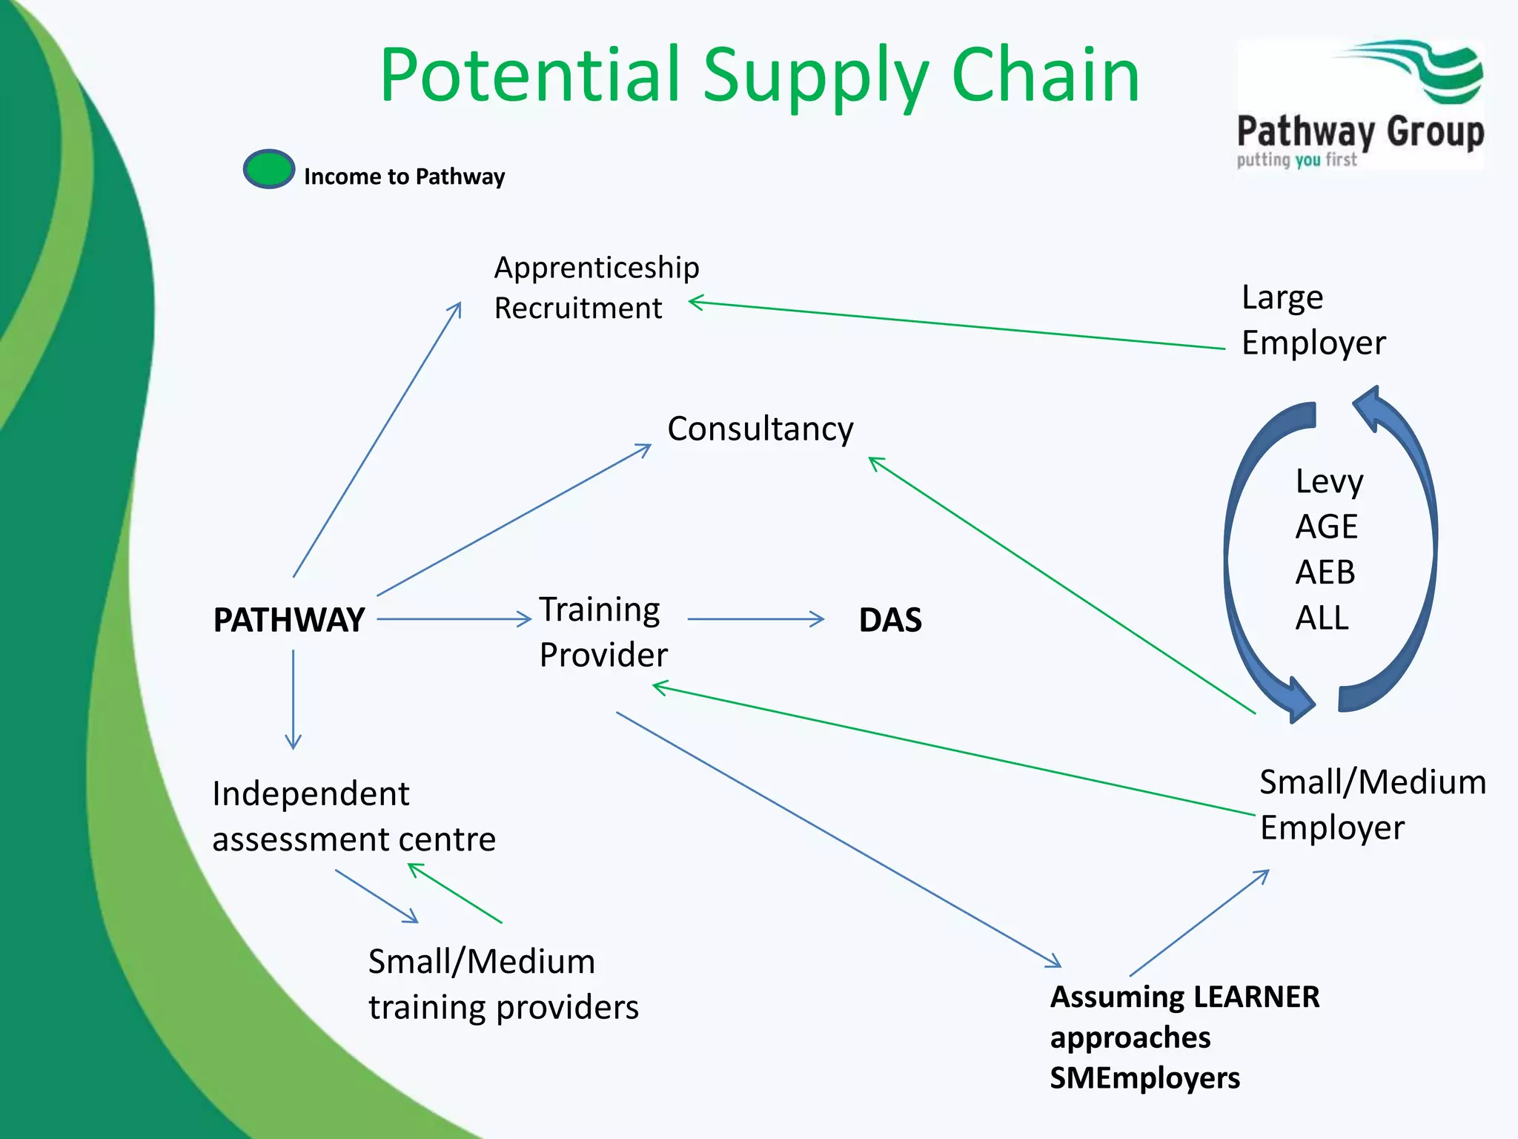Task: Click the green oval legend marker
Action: [x=268, y=169]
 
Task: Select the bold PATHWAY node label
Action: [x=288, y=620]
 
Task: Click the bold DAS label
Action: [x=889, y=620]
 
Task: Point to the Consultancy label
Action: [x=760, y=429]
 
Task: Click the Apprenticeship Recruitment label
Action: [x=596, y=288]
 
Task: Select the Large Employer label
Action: [x=1313, y=320]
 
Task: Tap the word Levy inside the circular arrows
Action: [x=1328, y=482]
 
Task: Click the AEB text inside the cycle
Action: [x=1325, y=572]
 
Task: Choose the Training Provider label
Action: [x=603, y=632]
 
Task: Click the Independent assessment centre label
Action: [x=354, y=816]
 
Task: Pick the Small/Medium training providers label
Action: [x=503, y=984]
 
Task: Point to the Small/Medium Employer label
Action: [x=1372, y=805]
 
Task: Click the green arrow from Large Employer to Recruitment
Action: [x=956, y=325]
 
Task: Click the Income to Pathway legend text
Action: [x=404, y=176]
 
